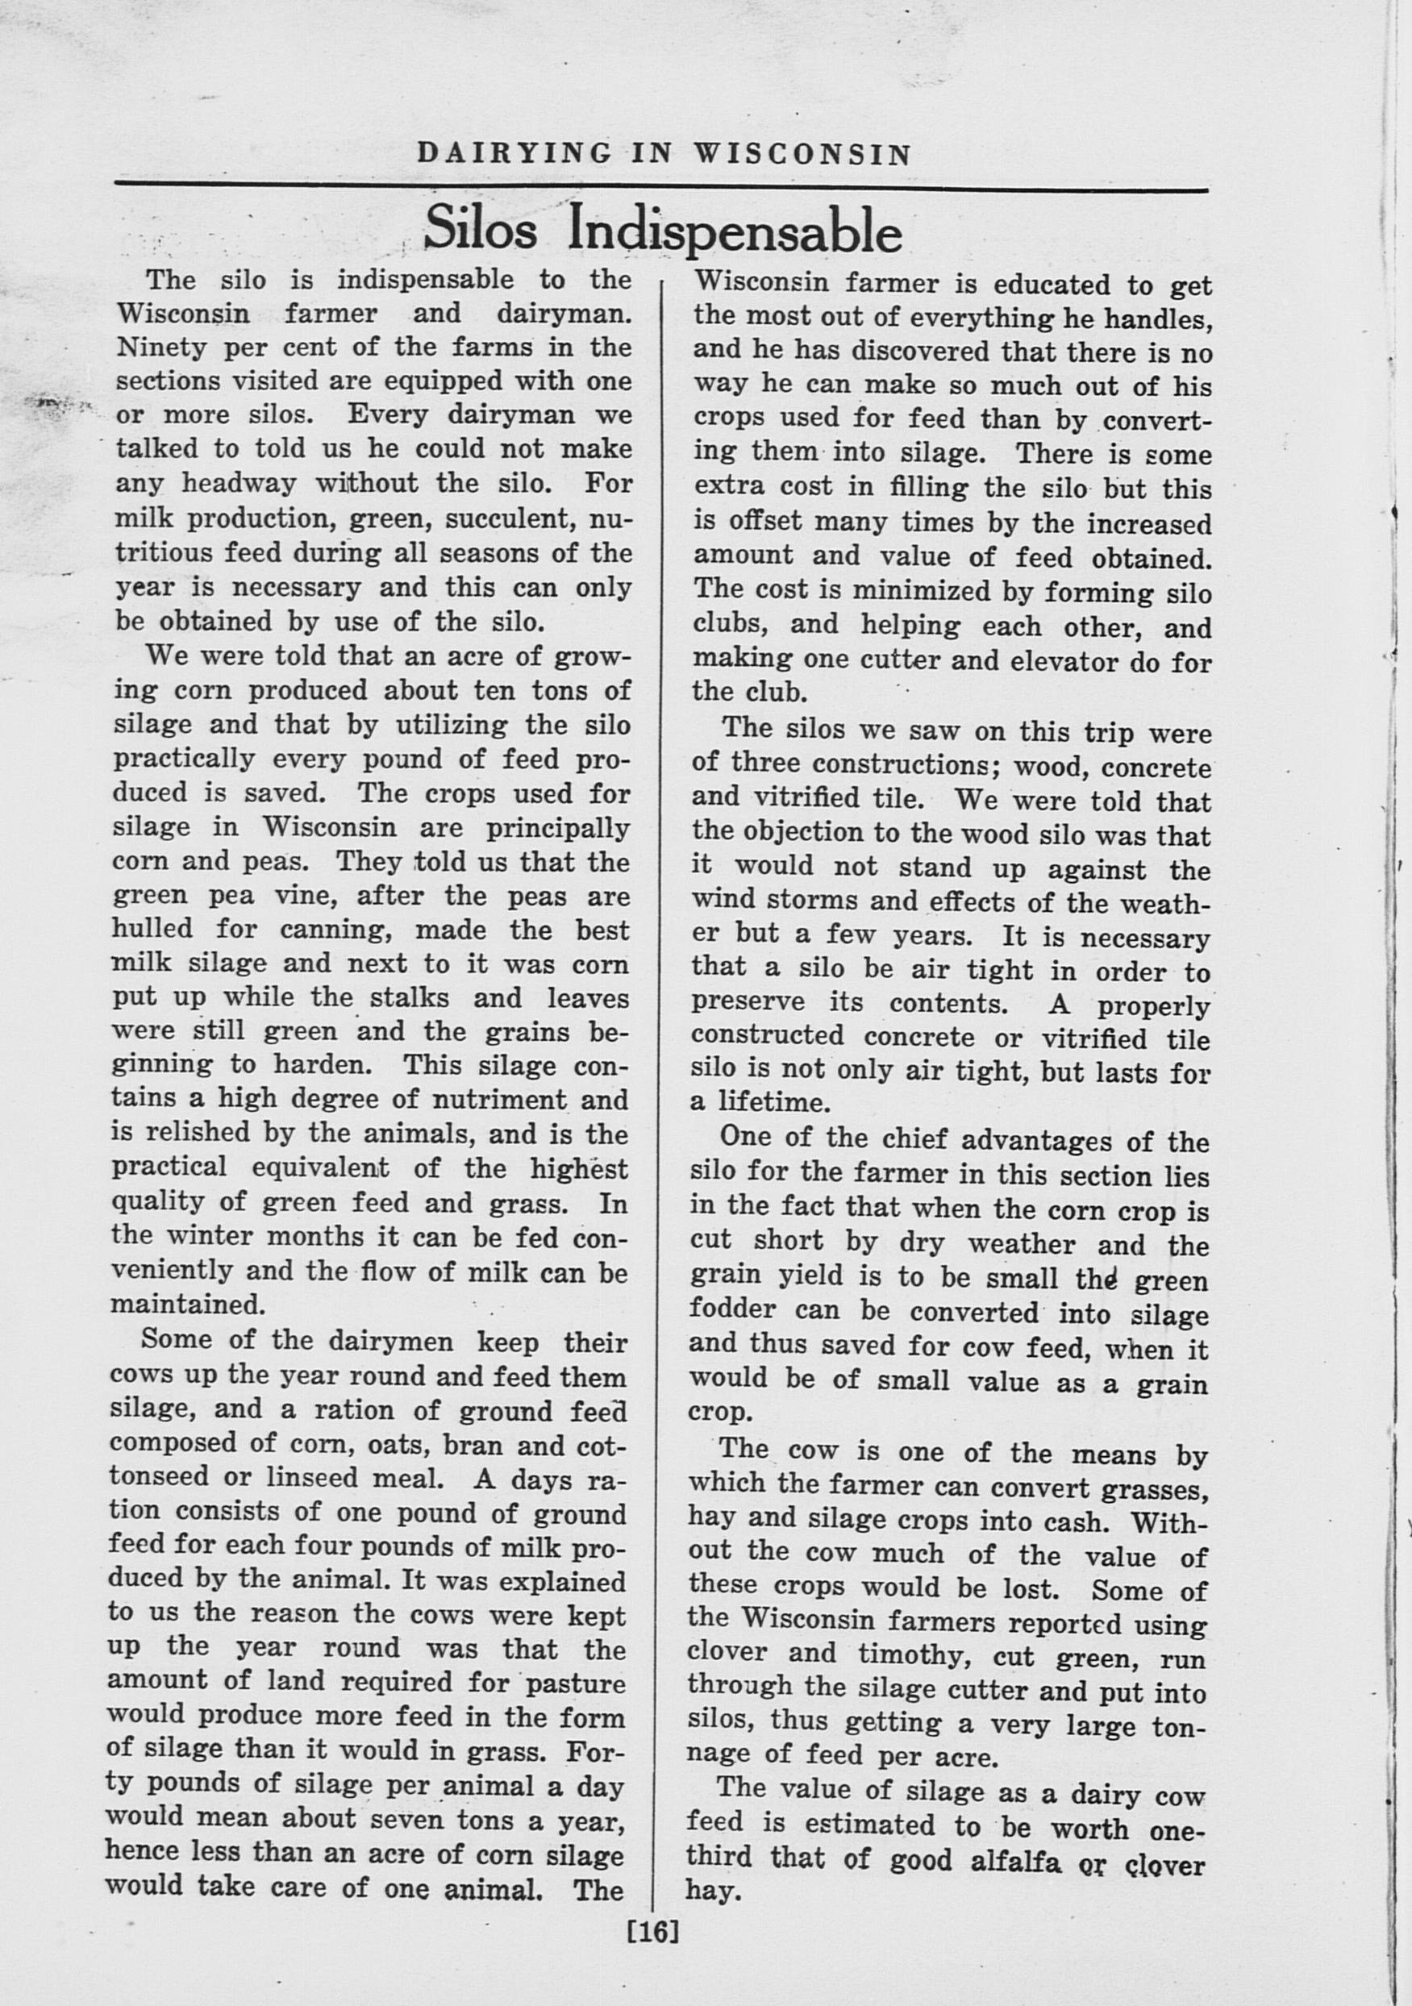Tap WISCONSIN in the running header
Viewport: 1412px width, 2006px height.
803,155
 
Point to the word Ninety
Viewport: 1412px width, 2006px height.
153,348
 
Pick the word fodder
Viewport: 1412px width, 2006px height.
731,1309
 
